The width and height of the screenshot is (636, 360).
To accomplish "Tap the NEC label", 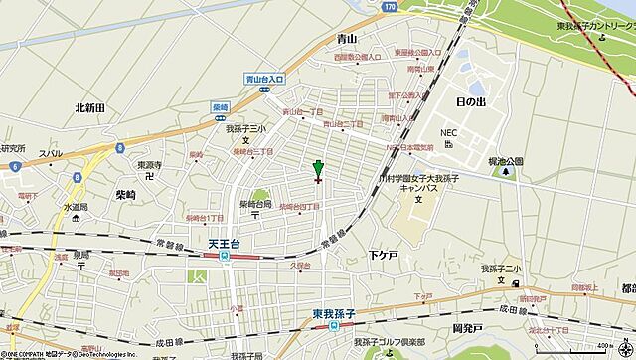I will click(x=449, y=130).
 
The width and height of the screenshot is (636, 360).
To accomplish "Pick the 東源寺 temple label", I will click(x=148, y=165).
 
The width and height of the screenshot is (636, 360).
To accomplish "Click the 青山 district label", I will click(x=348, y=38).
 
